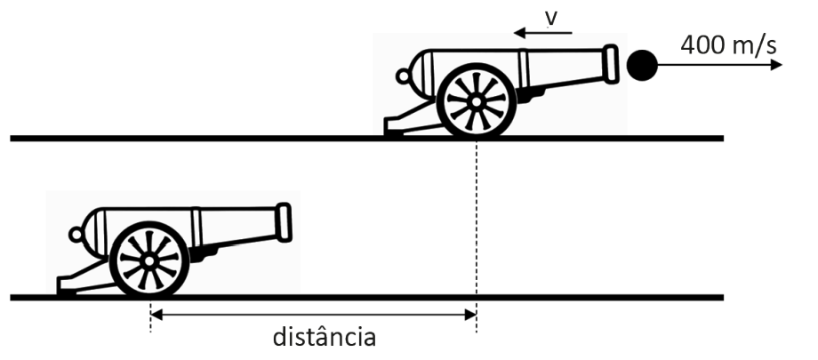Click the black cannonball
coord(642,65)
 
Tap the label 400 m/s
coord(728,45)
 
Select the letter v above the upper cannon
coord(551,19)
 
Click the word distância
coord(324,337)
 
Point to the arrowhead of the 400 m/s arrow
coord(776,65)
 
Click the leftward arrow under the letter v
coord(543,34)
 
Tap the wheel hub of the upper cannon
coord(476,102)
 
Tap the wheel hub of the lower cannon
coord(149,260)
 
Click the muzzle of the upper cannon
coord(610,64)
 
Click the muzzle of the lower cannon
coord(284,222)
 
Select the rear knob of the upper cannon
coord(403,76)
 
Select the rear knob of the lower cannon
coord(76,235)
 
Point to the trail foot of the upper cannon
coord(393,127)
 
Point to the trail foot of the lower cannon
coord(67,286)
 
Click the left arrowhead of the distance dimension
coord(156,315)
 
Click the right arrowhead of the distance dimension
coord(470,315)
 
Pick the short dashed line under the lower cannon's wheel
coord(150,316)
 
